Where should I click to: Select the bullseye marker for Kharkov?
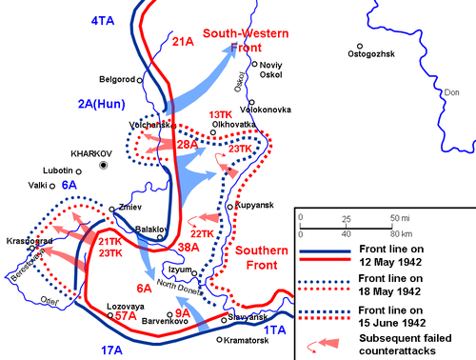105,164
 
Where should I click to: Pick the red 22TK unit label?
202,233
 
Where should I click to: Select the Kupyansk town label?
254,206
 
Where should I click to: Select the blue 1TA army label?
274,329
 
